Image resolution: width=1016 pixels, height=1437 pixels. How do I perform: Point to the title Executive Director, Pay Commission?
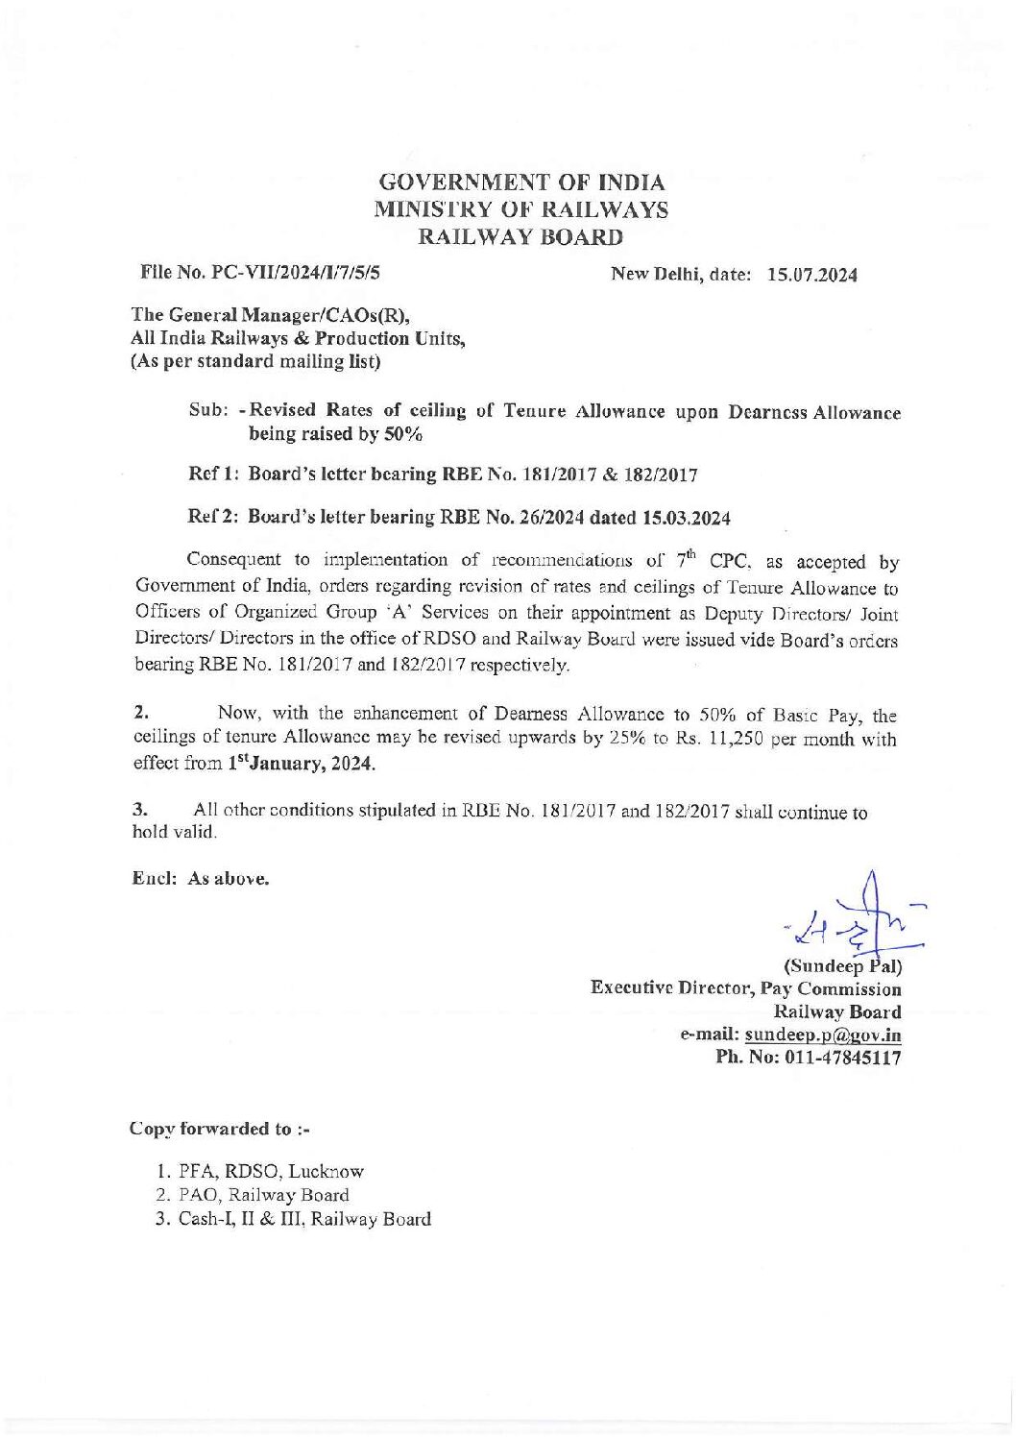[746, 988]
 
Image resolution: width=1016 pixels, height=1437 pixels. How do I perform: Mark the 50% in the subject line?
[402, 435]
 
